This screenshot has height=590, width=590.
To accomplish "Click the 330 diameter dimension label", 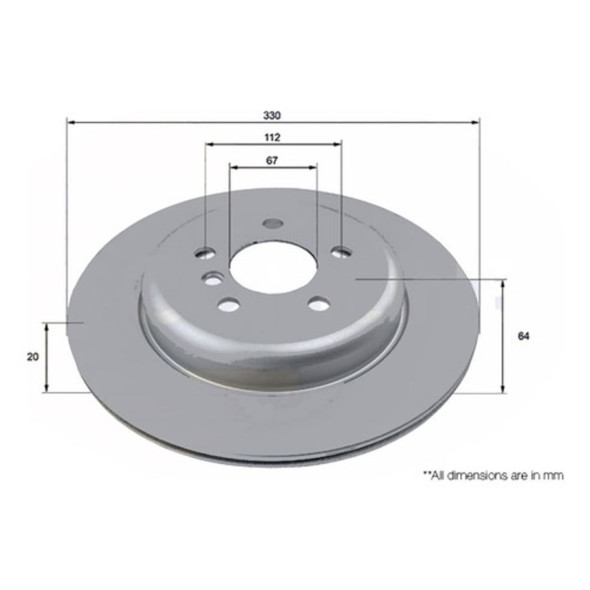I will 272,115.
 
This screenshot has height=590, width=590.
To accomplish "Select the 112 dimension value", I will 272,137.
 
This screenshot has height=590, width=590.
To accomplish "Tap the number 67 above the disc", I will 272,161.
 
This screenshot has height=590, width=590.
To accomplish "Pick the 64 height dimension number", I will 524,336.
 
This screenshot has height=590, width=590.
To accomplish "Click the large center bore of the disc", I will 274,266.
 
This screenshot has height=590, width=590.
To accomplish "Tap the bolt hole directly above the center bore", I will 273,224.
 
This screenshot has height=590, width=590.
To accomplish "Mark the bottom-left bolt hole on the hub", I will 229,304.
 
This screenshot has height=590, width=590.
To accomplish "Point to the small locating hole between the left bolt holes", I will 211,279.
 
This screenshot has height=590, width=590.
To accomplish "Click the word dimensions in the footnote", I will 470,475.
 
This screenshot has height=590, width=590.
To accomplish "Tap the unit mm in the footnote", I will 554,475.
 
